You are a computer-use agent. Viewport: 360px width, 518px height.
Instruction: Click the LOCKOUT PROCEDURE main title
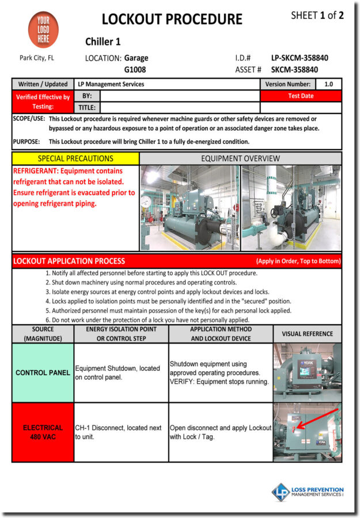click(x=172, y=19)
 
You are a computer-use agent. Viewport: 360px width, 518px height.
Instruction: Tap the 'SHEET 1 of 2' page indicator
click(x=317, y=16)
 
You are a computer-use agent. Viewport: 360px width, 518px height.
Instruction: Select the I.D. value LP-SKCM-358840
click(x=300, y=58)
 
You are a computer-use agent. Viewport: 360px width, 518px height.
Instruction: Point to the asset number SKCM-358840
click(x=294, y=70)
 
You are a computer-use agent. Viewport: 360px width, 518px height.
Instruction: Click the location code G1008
click(x=135, y=70)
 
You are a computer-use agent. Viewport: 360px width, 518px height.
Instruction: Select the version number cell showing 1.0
click(x=328, y=84)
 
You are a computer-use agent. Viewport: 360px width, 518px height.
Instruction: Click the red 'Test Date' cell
click(x=301, y=96)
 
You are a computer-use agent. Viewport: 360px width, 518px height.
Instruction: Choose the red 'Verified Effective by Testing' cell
click(x=43, y=101)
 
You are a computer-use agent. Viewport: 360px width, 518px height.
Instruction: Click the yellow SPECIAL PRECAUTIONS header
click(x=75, y=158)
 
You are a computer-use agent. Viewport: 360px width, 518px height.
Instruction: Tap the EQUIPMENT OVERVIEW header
click(x=240, y=158)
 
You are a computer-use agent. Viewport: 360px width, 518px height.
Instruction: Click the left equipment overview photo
click(x=190, y=208)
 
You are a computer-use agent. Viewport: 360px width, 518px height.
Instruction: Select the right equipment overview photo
click(x=291, y=208)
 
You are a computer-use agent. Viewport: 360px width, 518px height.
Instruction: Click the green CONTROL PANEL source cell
click(x=43, y=372)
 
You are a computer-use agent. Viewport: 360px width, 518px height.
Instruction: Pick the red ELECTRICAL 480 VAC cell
click(x=43, y=432)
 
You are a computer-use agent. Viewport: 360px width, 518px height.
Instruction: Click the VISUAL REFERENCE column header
click(x=307, y=334)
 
